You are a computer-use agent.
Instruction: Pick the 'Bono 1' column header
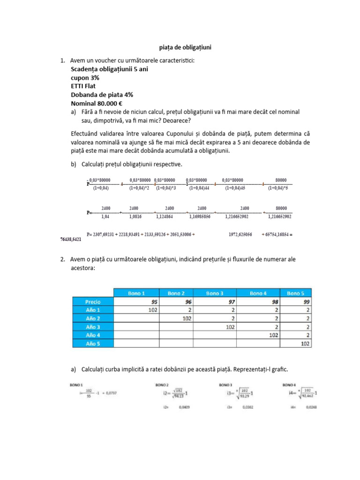coord(136,293)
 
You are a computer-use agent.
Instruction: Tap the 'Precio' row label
coord(93,301)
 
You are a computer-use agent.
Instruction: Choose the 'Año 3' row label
coord(93,327)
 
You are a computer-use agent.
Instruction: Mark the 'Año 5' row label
coord(93,344)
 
